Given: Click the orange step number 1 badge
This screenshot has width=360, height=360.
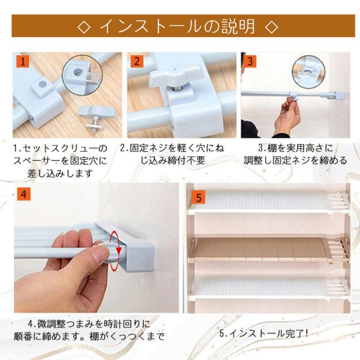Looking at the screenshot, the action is pos(22,61).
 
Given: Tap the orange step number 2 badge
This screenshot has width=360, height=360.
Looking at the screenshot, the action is pos(137,61).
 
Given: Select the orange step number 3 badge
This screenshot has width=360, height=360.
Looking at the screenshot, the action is pos(250,61).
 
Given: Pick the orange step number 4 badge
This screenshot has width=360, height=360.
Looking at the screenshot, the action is pos(24,194).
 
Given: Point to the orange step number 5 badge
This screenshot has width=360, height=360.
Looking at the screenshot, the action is pos(199,197).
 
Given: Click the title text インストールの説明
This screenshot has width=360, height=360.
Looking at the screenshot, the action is pos(177,26).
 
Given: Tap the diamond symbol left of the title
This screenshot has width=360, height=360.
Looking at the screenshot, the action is pos(84,27).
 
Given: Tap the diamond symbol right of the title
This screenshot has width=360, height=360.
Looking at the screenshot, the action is pos(271,27).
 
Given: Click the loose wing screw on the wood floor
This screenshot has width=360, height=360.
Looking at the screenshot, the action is pos(96,119).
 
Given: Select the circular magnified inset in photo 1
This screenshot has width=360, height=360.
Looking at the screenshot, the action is pos(82,75).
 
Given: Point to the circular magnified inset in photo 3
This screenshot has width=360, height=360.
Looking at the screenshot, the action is pos(309,71).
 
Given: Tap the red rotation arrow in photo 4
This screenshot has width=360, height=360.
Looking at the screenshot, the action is pos(115,251).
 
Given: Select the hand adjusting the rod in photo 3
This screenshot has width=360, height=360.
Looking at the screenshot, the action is pos(287,117).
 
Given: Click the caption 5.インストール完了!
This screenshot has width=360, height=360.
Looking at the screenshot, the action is pos(264,334).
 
